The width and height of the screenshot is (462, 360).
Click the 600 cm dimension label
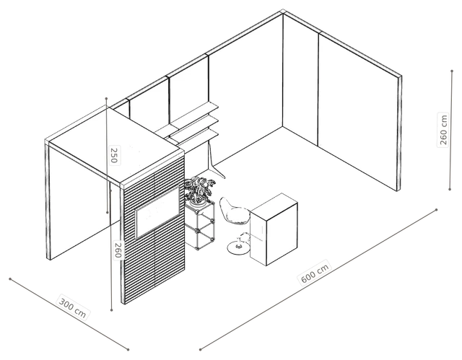click(x=315, y=272)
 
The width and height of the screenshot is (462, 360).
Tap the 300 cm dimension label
click(x=73, y=307)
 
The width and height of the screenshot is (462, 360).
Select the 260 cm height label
click(x=443, y=130)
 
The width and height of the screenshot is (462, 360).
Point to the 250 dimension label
click(x=114, y=155)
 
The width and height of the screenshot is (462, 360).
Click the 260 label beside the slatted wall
click(x=118, y=250)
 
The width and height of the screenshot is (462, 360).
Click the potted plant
click(x=198, y=190)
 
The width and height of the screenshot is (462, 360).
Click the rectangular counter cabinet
click(x=274, y=229)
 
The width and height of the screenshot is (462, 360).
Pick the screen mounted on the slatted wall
click(x=157, y=212)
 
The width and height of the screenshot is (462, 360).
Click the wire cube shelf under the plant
click(x=199, y=225)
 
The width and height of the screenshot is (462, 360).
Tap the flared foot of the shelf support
click(x=218, y=171)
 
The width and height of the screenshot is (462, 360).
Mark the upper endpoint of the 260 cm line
click(x=452, y=71)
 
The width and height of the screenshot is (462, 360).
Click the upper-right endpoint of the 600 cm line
click(x=436, y=210)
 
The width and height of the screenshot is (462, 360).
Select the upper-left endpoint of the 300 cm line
click(x=10, y=278)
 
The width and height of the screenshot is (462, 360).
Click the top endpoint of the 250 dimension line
click(x=106, y=98)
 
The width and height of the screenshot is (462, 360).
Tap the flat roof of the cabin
click(x=115, y=144)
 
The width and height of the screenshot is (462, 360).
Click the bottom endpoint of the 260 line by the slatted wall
click(x=111, y=309)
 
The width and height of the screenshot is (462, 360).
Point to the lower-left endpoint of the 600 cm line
click(x=200, y=350)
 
